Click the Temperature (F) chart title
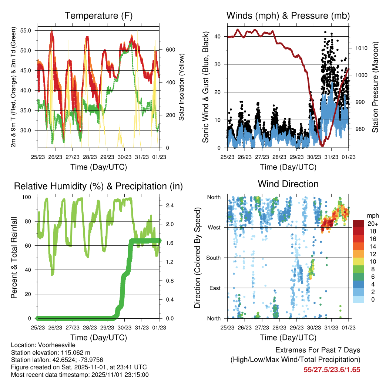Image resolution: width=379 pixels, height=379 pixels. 98,16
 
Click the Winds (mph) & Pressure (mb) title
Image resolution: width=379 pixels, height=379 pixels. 288,16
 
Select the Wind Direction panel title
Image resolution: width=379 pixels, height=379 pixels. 288,184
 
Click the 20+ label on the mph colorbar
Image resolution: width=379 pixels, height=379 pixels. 372,224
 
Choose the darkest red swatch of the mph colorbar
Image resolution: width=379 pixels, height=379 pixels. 359,224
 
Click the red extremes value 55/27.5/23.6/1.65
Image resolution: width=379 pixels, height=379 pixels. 332,369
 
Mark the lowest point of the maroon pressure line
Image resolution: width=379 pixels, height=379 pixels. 322,145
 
